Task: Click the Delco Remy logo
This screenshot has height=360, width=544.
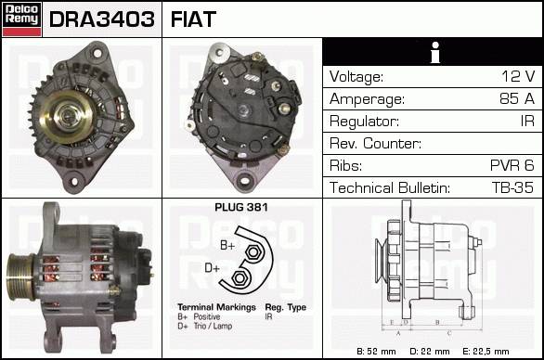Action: [x=21, y=19]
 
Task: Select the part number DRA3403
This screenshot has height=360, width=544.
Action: [x=102, y=19]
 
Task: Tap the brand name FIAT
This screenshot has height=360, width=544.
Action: [x=193, y=19]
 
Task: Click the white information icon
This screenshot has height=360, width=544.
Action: [x=435, y=52]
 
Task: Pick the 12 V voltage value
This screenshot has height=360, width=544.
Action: [x=518, y=76]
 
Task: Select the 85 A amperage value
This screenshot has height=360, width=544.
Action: [x=517, y=98]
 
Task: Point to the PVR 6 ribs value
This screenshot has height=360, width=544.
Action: [x=512, y=165]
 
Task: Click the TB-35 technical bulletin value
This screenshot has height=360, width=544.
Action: [x=512, y=187]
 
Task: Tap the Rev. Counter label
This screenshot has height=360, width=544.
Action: [x=375, y=143]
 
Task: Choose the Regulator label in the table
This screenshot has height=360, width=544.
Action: [x=364, y=122]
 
